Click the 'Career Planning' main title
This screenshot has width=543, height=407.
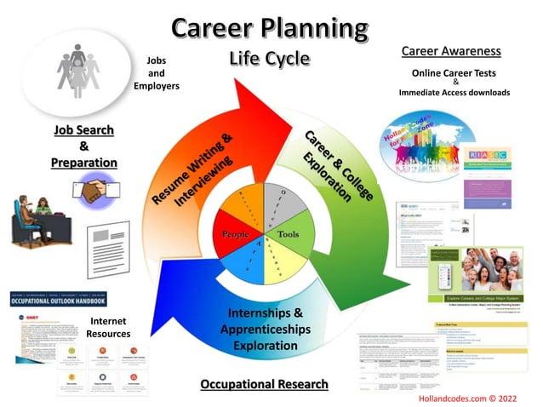tap(270, 28)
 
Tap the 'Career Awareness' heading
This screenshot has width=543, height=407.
tap(450, 52)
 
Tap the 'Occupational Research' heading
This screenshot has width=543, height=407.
tap(264, 384)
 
